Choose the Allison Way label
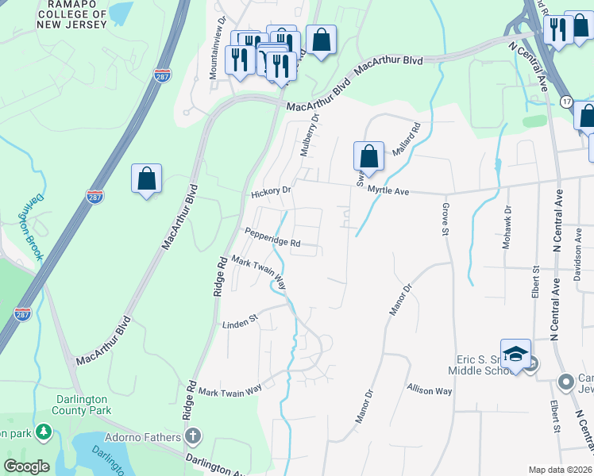[429, 391]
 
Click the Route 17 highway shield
[566, 102]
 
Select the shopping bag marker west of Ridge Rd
[147, 178]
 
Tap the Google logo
[26, 466]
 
